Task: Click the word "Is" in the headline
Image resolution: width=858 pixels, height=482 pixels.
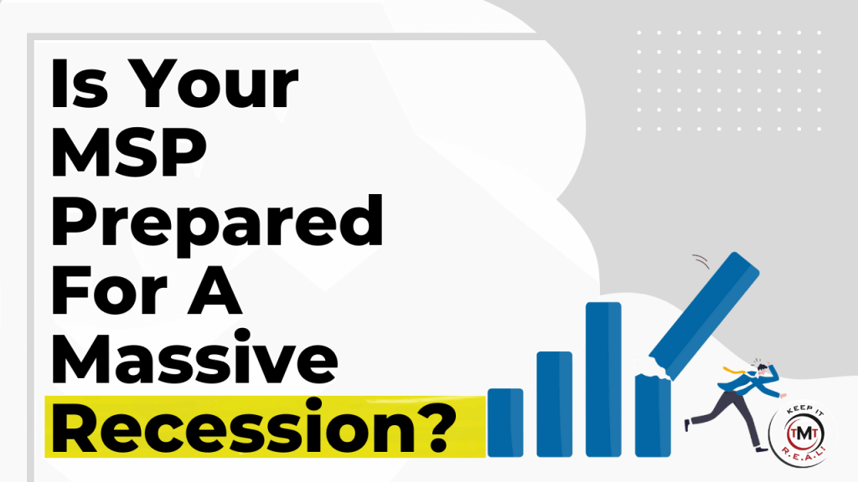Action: pos(80,84)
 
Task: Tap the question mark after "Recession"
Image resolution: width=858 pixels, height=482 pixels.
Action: pos(436,426)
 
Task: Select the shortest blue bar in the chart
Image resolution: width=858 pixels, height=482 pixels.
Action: pos(505,423)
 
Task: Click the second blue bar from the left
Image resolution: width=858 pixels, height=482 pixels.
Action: pos(555,404)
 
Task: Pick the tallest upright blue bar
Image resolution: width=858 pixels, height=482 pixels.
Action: pos(603,379)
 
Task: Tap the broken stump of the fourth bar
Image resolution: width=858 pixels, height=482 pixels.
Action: pos(653,415)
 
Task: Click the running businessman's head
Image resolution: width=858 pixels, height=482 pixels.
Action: pos(762,370)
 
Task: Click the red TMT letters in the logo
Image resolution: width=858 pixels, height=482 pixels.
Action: pos(804,434)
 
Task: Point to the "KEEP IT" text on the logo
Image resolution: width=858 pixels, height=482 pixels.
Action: pos(805,411)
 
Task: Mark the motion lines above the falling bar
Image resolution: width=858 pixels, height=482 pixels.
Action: pos(701,261)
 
